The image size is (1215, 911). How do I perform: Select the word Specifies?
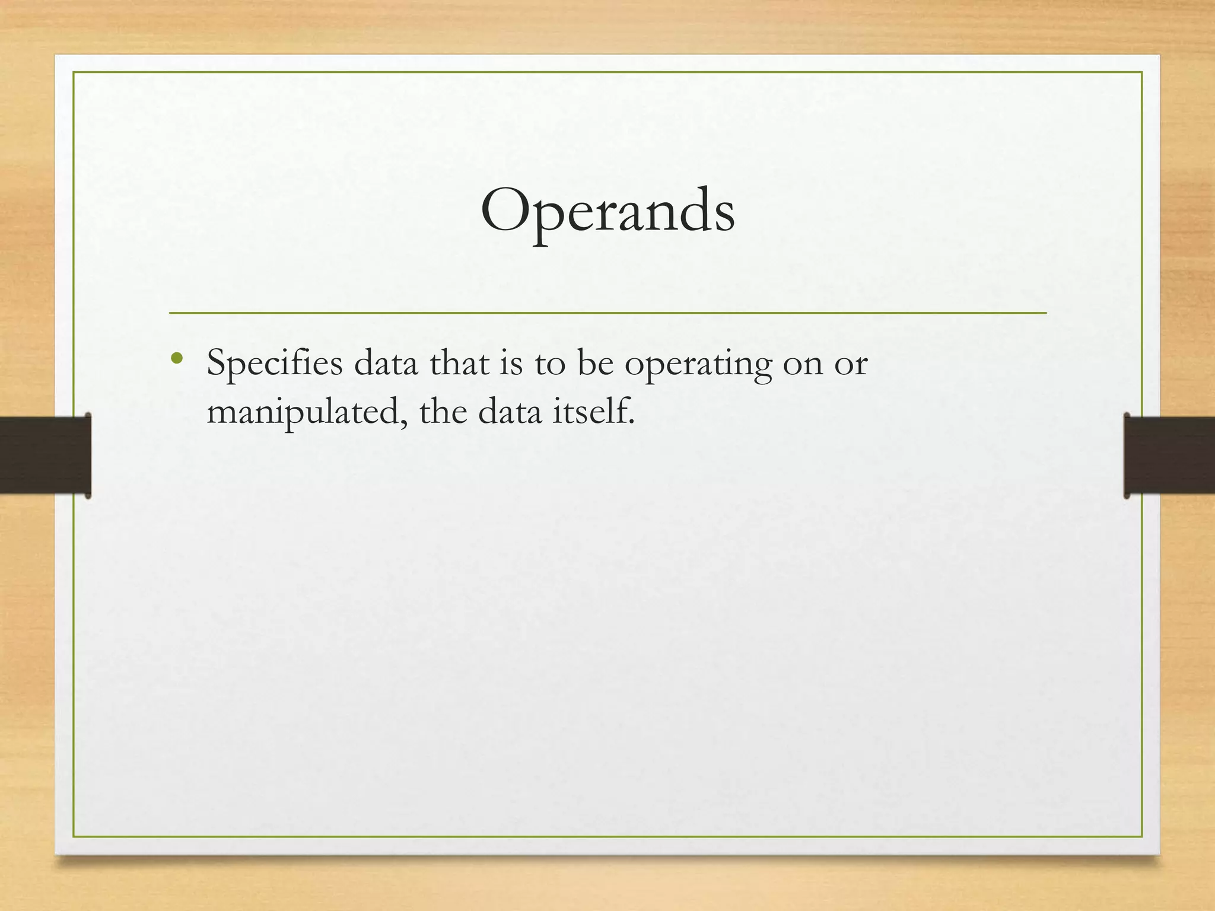pyautogui.click(x=275, y=363)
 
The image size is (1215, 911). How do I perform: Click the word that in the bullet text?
pyautogui.click(x=459, y=362)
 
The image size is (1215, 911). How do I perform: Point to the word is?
pyautogui.click(x=511, y=363)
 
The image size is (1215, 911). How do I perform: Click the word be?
pyautogui.click(x=595, y=362)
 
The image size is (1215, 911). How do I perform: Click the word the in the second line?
pyautogui.click(x=443, y=411)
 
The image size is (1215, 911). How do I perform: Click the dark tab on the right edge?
pyautogui.click(x=1169, y=455)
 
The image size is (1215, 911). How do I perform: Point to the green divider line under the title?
pyautogui.click(x=607, y=313)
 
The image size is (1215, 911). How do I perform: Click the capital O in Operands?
pyautogui.click(x=505, y=211)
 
